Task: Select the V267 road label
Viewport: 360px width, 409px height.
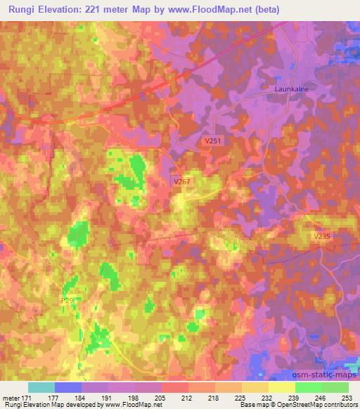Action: (183, 181)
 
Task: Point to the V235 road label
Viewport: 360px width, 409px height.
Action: (321, 237)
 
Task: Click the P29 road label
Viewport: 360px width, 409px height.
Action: (67, 300)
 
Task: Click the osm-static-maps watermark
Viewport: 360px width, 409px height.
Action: (324, 377)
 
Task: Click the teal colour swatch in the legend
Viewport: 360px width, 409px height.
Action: (41, 387)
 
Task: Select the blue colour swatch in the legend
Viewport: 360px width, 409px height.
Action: (68, 387)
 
